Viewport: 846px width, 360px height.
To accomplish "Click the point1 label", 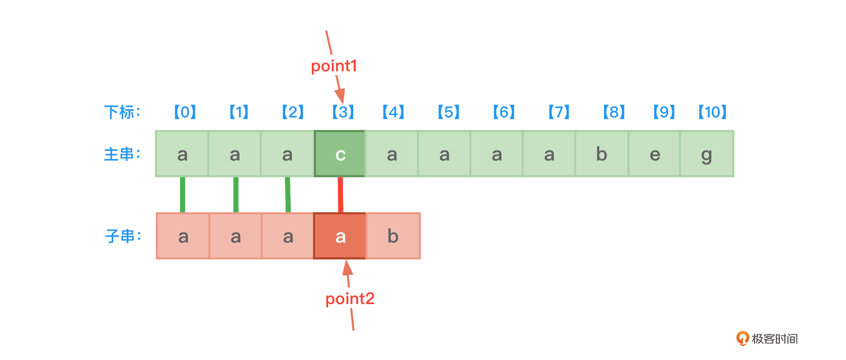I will (x=334, y=66).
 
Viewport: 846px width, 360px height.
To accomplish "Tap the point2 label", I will (x=350, y=298).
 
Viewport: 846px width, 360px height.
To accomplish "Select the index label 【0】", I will (x=185, y=112).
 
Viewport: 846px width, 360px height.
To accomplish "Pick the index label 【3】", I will (x=343, y=112).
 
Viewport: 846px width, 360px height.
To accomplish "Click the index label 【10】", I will (x=712, y=112).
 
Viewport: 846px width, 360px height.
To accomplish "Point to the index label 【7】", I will (x=559, y=112).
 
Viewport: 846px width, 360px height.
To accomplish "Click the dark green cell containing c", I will (x=340, y=154).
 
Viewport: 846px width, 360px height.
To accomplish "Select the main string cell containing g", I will (x=707, y=154).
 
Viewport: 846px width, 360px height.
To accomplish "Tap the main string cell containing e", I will (x=654, y=154).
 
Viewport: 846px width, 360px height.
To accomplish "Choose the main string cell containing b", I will (x=601, y=154).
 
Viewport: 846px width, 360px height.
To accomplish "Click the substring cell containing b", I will (x=393, y=236).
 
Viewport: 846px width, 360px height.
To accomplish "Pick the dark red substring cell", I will (x=340, y=236).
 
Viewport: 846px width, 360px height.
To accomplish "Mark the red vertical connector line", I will (x=340, y=195).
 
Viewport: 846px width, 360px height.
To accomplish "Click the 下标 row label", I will (x=122, y=112).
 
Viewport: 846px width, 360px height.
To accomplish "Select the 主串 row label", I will (x=122, y=154).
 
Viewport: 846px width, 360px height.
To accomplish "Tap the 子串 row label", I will (x=123, y=236).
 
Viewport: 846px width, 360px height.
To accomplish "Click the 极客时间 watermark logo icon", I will (x=742, y=338).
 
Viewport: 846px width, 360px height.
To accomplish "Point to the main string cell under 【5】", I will (x=444, y=154).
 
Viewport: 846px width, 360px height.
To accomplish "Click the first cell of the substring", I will (x=183, y=236).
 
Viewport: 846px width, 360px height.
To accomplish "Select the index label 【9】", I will (x=664, y=112).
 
